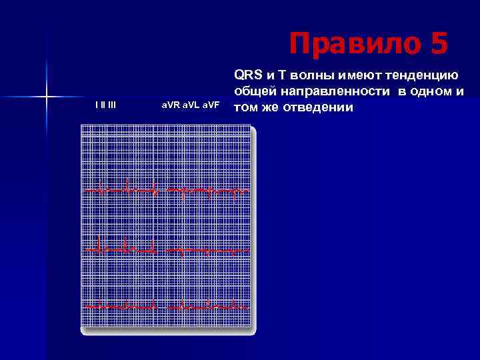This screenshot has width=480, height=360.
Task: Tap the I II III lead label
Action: [105, 105]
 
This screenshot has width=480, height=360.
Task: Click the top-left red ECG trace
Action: [123, 191]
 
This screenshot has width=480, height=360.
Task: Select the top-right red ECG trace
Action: [207, 191]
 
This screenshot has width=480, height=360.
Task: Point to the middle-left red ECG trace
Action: [123, 248]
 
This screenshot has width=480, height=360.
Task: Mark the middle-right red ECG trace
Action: [207, 251]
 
